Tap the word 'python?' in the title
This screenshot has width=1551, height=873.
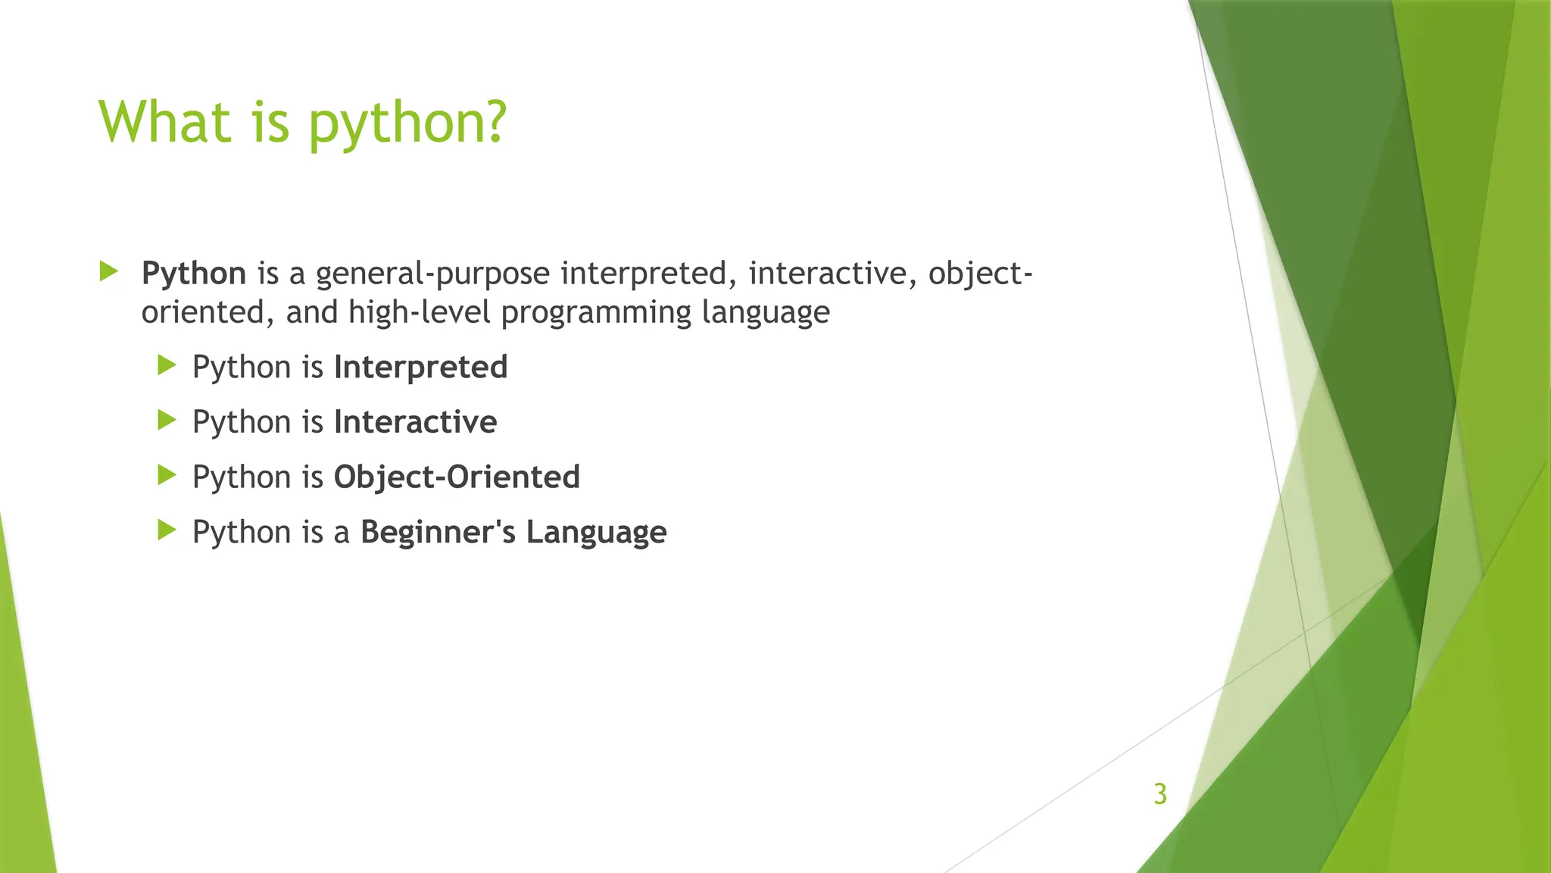(x=407, y=125)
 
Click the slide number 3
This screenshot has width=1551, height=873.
(x=1159, y=793)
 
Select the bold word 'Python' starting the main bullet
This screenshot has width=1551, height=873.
(x=194, y=274)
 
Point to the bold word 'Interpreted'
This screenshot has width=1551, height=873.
(x=420, y=368)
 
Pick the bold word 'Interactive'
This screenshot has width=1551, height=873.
(x=415, y=422)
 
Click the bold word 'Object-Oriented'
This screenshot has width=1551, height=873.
(x=457, y=477)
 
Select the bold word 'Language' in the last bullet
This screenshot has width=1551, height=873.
(x=596, y=533)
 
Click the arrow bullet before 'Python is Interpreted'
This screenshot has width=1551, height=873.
(x=167, y=366)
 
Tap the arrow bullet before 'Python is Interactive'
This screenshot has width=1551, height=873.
(x=167, y=421)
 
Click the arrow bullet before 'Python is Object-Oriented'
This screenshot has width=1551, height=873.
(x=167, y=476)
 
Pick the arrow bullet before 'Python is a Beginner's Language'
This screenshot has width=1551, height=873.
(x=167, y=530)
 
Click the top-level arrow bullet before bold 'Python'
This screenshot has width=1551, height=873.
(x=109, y=271)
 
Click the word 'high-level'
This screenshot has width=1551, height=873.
(x=420, y=312)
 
